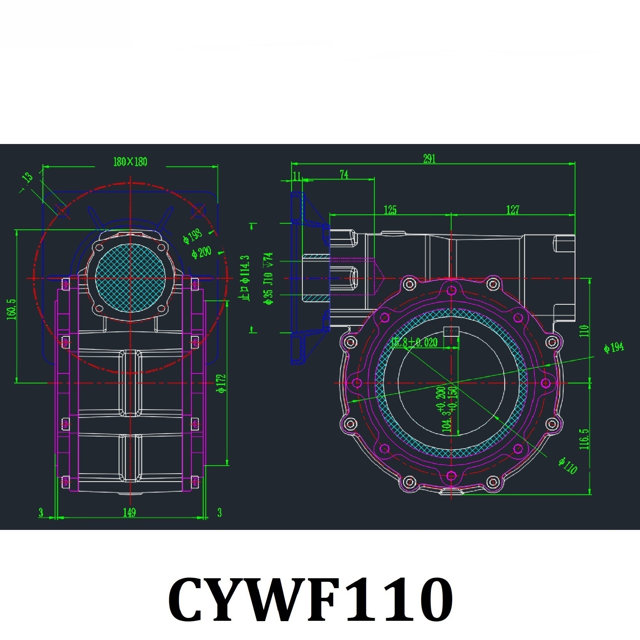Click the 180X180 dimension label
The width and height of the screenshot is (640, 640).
point(130,162)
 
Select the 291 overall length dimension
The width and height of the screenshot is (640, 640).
point(429,159)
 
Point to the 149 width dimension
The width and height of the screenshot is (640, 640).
point(129,512)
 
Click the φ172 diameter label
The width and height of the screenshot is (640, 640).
point(222,384)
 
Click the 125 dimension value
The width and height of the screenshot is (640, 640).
point(390,210)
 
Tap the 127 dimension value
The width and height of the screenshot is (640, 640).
point(512,210)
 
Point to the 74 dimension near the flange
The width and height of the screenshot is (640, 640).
point(344,175)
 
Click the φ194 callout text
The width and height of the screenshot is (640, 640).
point(613,348)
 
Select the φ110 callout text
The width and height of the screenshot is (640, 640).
point(567,465)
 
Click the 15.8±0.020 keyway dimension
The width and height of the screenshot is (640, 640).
point(414,342)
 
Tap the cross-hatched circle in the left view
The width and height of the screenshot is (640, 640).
point(130,279)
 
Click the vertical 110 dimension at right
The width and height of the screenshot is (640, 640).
point(584,331)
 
